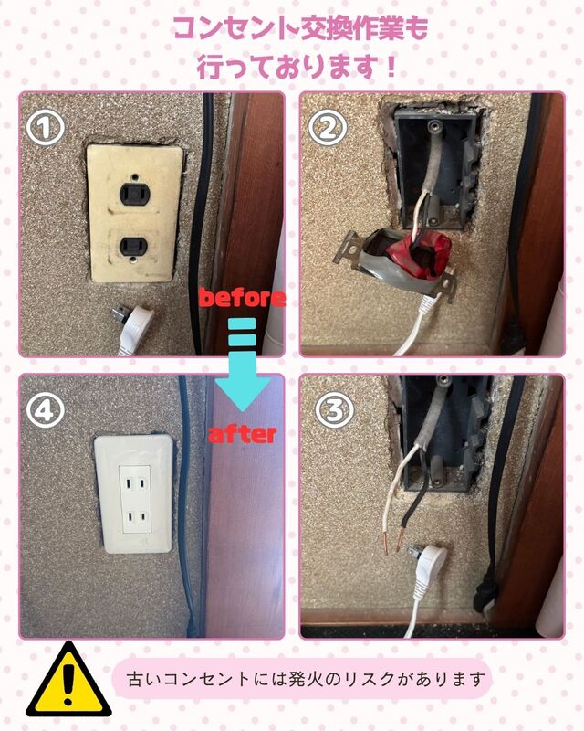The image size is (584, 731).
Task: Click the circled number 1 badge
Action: (45, 128)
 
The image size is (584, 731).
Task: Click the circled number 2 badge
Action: (328, 128)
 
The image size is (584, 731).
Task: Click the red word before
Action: (242, 298)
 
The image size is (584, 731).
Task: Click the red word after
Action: (242, 435)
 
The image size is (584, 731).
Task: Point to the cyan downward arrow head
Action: (243, 394)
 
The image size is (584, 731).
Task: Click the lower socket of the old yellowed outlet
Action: (133, 245)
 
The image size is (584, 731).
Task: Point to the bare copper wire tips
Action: (393, 541)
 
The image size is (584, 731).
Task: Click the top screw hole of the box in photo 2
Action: (434, 125)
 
